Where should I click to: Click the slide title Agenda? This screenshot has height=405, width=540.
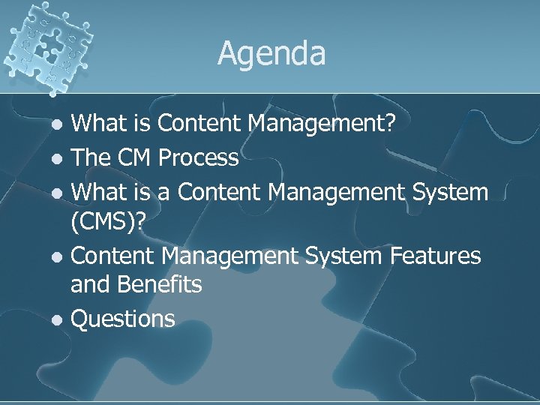click(x=271, y=54)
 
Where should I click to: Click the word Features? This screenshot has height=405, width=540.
click(x=434, y=256)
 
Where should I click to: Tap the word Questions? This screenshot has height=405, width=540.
click(x=122, y=319)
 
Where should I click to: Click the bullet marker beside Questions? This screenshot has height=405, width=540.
click(x=58, y=320)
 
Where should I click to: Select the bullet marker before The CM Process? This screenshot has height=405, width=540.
click(x=58, y=159)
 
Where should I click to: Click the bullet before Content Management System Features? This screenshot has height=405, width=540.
click(x=58, y=257)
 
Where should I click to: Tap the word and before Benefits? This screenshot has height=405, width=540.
click(x=88, y=285)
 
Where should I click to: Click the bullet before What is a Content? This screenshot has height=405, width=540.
click(x=58, y=193)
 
